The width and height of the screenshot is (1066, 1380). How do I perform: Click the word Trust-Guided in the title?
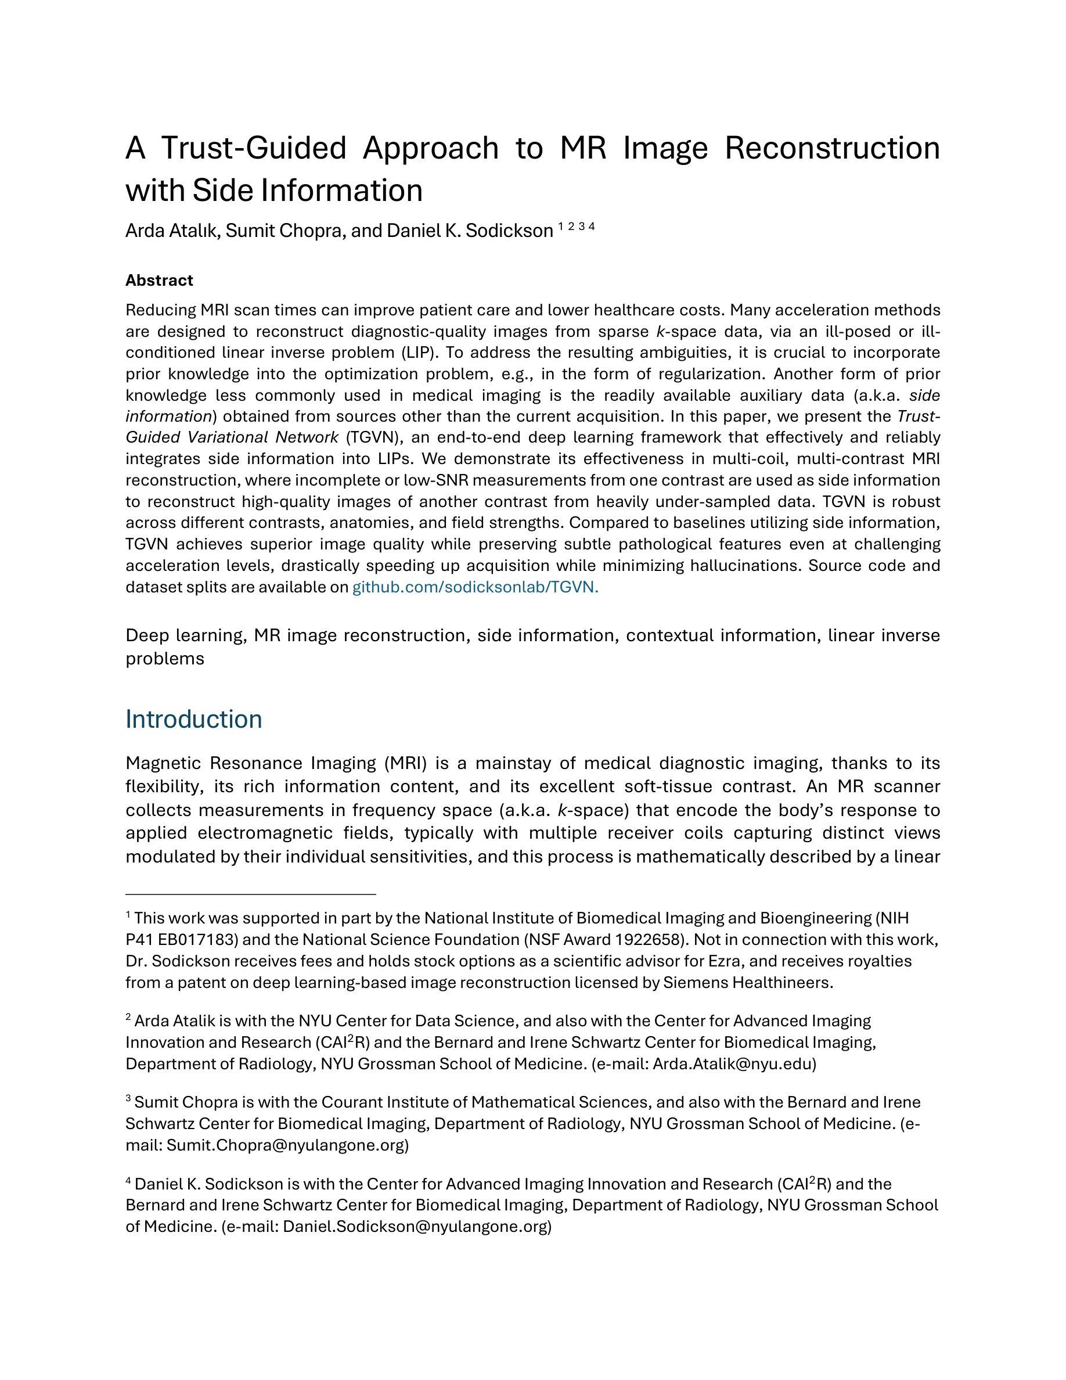(x=254, y=148)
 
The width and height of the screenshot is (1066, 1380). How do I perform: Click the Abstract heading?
(x=159, y=280)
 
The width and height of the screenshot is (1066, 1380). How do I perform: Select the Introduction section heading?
(x=193, y=719)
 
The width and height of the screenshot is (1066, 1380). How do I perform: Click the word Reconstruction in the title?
(x=831, y=148)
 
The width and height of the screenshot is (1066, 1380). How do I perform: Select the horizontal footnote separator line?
(x=251, y=894)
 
